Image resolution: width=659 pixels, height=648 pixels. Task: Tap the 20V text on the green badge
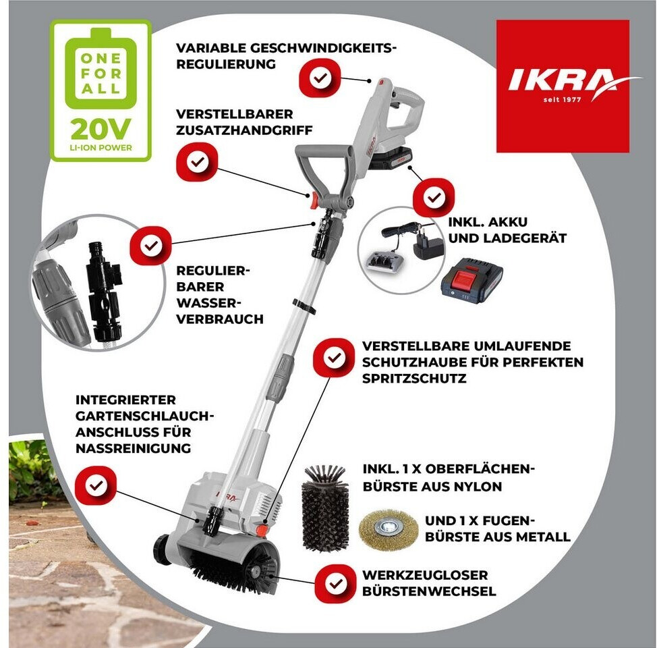101,129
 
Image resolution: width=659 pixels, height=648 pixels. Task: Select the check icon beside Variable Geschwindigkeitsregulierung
320,78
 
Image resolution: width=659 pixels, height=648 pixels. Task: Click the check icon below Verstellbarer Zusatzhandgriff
197,162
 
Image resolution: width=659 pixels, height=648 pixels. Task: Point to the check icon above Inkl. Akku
434,197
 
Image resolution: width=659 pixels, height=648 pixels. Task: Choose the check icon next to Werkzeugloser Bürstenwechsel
335,584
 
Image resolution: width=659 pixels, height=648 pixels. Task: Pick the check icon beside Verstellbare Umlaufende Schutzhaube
334,358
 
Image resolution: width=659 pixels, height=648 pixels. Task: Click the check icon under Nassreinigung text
96,486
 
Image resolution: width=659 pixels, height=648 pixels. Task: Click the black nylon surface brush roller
325,508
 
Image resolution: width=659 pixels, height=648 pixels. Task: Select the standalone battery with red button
471,280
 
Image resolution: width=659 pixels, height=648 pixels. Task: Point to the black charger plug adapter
428,243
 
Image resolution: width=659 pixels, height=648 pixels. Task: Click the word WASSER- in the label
206,303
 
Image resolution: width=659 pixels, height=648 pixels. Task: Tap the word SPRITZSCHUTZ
414,378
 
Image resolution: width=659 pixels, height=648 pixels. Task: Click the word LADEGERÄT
525,238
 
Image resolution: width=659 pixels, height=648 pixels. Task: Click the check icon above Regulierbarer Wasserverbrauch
151,246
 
